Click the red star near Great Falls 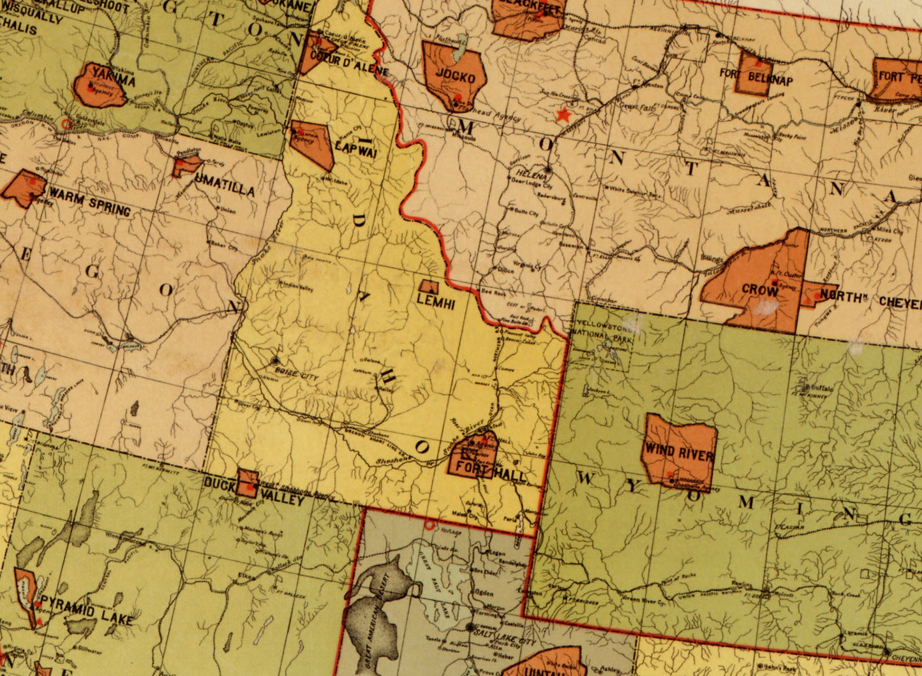point(563,115)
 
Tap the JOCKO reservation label point(455,78)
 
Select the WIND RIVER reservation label point(678,455)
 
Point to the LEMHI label point(436,304)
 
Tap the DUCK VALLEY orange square point(248,483)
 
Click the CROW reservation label point(759,290)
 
